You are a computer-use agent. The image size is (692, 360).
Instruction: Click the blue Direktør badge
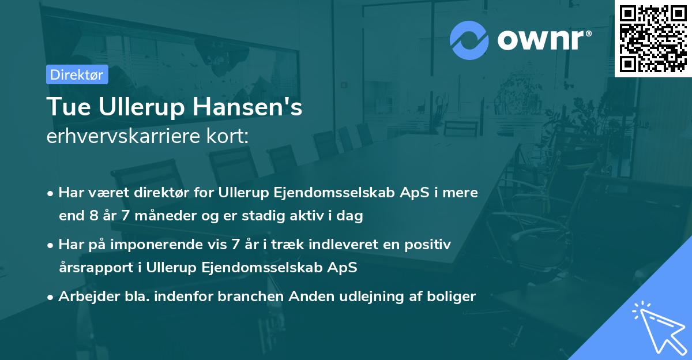pos(77,74)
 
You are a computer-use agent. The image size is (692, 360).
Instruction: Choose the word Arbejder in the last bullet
pos(82,297)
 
